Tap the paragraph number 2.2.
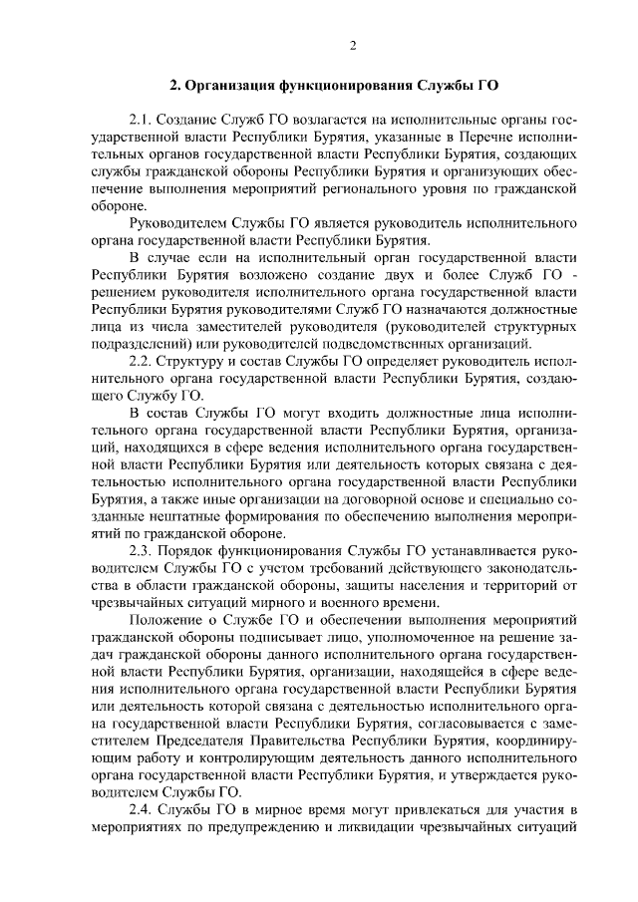click(x=142, y=358)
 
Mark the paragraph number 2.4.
click(x=142, y=808)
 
